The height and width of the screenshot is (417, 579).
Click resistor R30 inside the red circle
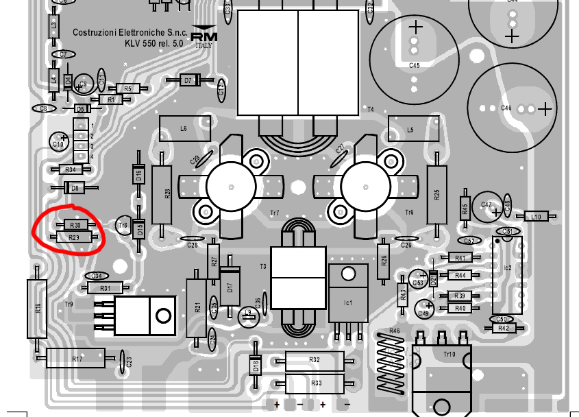(75, 225)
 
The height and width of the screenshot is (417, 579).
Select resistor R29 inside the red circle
(74, 237)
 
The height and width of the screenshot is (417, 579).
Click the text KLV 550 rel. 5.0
(155, 43)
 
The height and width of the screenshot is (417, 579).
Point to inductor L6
(184, 128)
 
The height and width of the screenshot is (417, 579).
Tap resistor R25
(436, 194)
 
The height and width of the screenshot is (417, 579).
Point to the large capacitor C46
(513, 108)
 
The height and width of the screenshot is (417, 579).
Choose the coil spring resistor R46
(393, 364)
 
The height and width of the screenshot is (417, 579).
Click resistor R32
(314, 360)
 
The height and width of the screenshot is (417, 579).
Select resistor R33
(315, 383)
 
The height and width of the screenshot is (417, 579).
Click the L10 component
(536, 217)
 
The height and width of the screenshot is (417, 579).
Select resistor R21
(198, 307)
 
